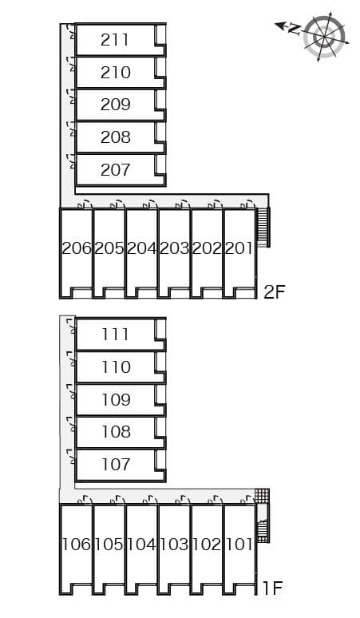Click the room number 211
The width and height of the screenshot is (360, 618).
[x=116, y=39]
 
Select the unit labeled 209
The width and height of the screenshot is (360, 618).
[x=116, y=105]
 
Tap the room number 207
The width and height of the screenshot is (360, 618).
[x=116, y=169]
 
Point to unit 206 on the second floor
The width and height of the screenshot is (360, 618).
[x=77, y=248]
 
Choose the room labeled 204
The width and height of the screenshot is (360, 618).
[x=141, y=248]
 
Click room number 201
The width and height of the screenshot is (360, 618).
[x=239, y=248]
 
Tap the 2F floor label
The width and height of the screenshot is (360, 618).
[x=274, y=291]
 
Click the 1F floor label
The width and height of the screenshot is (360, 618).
[x=272, y=589]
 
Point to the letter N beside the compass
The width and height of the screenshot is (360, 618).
[x=293, y=29]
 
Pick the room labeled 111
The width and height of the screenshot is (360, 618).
[x=116, y=335]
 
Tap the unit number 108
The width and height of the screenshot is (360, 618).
[x=116, y=432]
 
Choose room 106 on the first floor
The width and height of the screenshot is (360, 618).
[x=77, y=545]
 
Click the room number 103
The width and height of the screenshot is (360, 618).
[x=174, y=545]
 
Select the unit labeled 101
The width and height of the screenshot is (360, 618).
[x=239, y=545]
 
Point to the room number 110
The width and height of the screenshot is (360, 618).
[x=116, y=367]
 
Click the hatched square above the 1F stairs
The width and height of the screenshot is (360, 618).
[x=262, y=496]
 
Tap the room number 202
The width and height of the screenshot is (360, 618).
[x=206, y=248]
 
